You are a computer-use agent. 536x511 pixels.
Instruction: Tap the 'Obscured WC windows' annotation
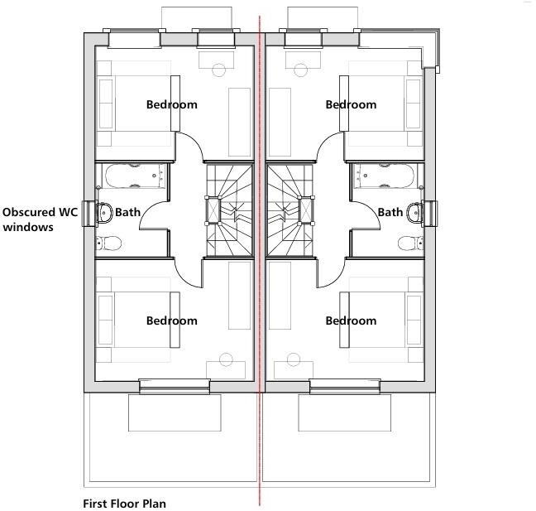tap(40, 219)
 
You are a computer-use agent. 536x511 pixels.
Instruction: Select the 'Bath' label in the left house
tap(127, 212)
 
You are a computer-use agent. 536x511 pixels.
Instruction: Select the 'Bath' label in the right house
tap(390, 212)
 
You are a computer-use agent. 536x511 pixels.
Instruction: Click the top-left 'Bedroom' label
tap(172, 104)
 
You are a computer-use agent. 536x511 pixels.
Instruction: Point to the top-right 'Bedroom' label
tap(351, 104)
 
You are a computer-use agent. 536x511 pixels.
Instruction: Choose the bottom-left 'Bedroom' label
tap(172, 321)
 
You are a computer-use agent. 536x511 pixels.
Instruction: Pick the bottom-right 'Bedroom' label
tap(351, 321)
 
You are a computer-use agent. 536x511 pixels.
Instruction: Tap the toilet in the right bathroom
tap(407, 243)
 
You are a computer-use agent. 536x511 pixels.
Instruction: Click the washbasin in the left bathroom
tap(104, 211)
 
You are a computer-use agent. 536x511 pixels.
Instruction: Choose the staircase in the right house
tap(290, 210)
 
